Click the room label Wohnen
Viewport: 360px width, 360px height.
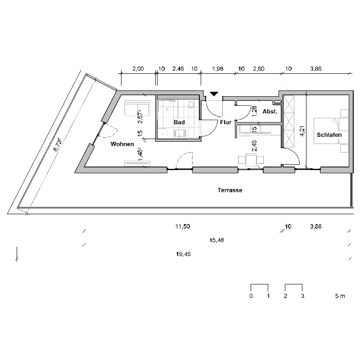point(122,144)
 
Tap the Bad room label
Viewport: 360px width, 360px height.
point(179,122)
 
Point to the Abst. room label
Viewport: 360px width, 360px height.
point(270,112)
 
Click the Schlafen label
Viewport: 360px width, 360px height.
point(329,135)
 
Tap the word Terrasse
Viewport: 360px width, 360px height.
point(230,190)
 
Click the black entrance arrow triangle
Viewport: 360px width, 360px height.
point(214,94)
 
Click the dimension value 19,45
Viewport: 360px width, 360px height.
point(184,254)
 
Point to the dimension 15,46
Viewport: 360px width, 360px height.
point(217,241)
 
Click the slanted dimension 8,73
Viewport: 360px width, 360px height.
point(57,145)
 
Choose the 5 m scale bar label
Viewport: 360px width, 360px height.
point(340,296)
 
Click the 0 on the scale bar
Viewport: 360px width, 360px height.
point(251,296)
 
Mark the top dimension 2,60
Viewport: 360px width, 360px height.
point(259,69)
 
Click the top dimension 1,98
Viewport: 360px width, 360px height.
point(217,69)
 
